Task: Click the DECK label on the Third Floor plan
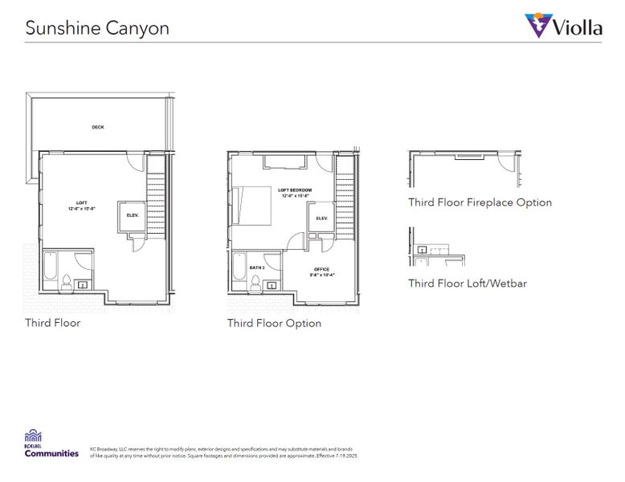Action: [x=98, y=127]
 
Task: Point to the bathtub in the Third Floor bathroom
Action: [x=50, y=271]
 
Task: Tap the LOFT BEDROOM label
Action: [x=294, y=191]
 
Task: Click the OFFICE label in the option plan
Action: [x=321, y=270]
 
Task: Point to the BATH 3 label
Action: [x=256, y=268]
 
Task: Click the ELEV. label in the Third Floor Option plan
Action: [x=321, y=218]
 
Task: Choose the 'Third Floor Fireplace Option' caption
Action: [x=480, y=202]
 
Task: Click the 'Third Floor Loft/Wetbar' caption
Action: [x=467, y=283]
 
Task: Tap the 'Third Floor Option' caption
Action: [x=274, y=323]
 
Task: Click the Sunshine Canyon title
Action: [x=96, y=27]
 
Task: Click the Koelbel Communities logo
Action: [x=51, y=443]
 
